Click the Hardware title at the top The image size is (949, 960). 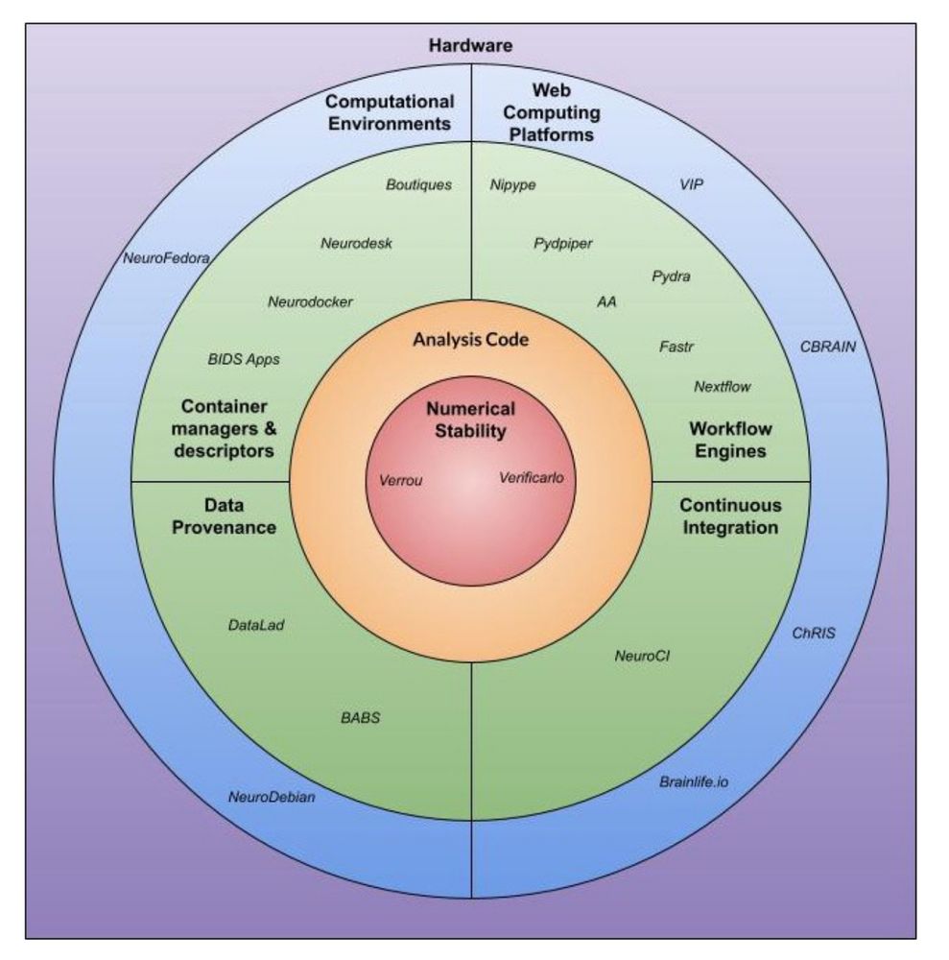click(471, 45)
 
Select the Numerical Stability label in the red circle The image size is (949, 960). click(470, 420)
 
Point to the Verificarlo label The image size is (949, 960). click(536, 476)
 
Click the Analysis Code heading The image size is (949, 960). click(470, 340)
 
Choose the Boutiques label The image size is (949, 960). click(418, 184)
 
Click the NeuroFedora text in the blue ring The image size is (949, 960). click(166, 257)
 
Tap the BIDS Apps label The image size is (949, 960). click(244, 359)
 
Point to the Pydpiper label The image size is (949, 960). click(563, 243)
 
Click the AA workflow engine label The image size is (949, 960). click(606, 301)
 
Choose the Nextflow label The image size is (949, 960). click(722, 387)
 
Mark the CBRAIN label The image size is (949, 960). click(827, 347)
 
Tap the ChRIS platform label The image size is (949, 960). click(813, 634)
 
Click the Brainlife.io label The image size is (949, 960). click(694, 782)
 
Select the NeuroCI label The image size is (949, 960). click(642, 657)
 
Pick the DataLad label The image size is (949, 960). click(256, 625)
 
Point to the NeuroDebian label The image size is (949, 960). click(272, 797)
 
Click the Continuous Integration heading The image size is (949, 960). click(729, 516)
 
